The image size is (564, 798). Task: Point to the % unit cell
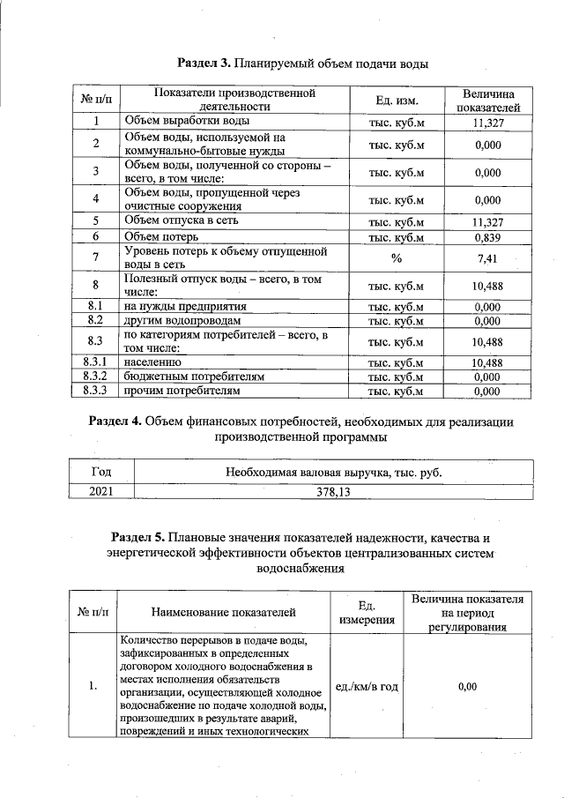396,258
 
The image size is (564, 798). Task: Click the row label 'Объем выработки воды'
186,121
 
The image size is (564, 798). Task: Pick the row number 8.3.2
94,376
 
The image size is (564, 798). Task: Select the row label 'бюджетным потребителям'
194,376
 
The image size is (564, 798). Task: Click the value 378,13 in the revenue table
332,493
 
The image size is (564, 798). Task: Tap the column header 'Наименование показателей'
223,612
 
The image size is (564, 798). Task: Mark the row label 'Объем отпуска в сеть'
181,220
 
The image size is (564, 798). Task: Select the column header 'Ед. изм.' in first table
396,100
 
